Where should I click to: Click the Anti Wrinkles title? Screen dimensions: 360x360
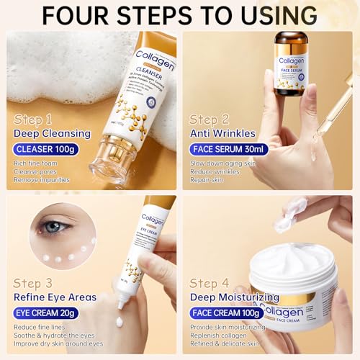[224, 132]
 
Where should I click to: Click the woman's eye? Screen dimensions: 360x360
[54, 226]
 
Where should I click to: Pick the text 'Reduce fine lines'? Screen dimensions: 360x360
[45, 328]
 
